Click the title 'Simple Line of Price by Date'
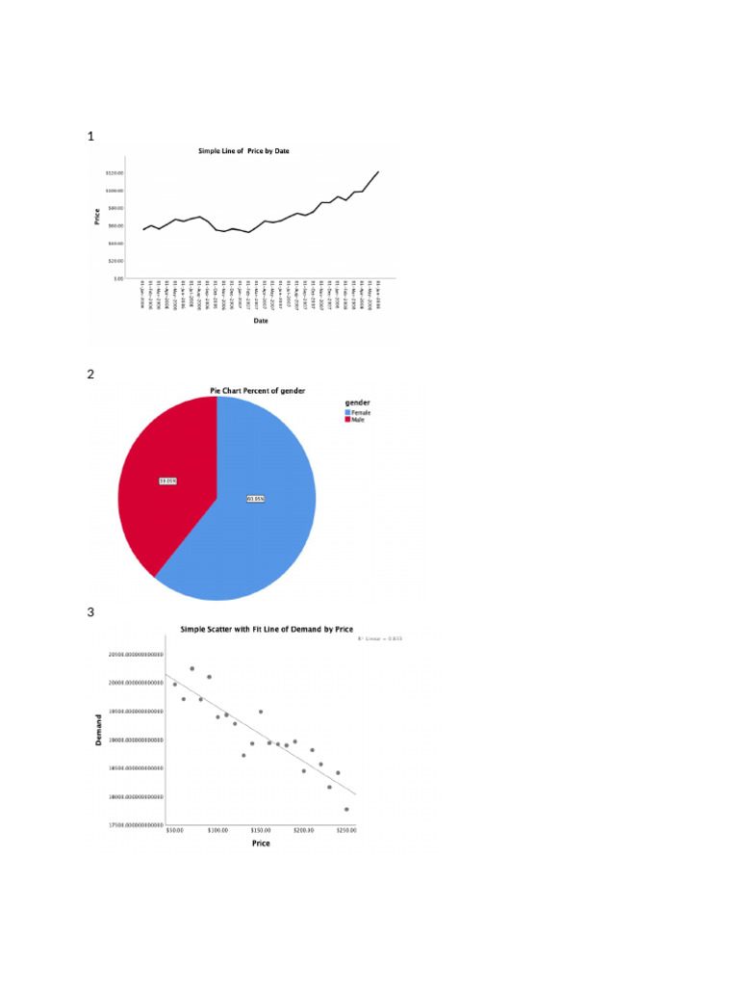click(250, 151)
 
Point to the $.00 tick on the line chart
click(117, 277)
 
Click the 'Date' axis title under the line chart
click(261, 321)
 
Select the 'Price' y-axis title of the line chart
click(97, 218)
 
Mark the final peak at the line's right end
click(378, 171)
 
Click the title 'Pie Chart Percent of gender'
click(264, 390)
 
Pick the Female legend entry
click(359, 412)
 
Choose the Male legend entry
click(356, 420)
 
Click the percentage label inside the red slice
click(167, 480)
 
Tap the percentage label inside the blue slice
click(255, 498)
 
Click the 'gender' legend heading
click(358, 402)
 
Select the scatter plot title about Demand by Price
click(267, 629)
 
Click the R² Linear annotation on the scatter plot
click(380, 637)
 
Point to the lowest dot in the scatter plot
click(346, 810)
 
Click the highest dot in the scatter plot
click(192, 668)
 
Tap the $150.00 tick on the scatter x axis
click(260, 829)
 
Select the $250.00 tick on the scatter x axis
click(345, 829)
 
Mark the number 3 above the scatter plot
click(90, 612)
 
